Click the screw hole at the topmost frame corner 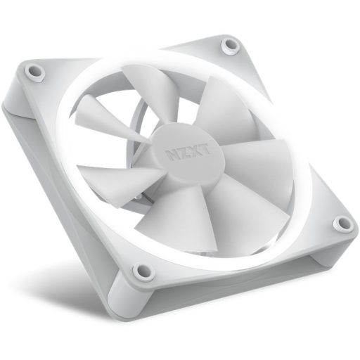pos(229,46)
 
